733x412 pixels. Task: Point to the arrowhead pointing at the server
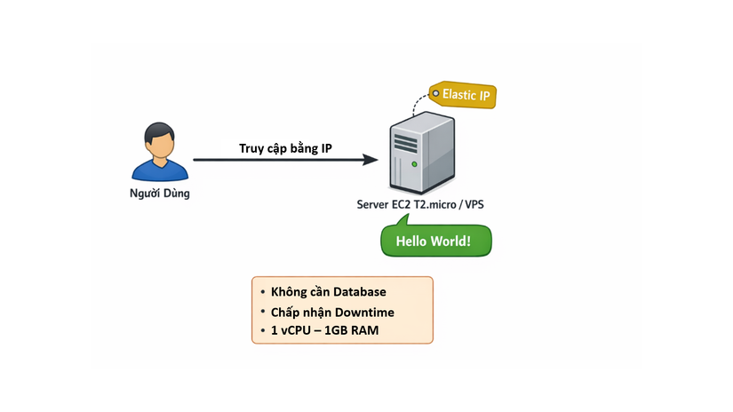[x=371, y=161]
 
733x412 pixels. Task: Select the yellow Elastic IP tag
[x=462, y=95]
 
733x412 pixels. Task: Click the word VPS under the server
[x=473, y=205]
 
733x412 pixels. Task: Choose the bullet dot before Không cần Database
[x=263, y=292]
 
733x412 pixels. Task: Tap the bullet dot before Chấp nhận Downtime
[x=263, y=312]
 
